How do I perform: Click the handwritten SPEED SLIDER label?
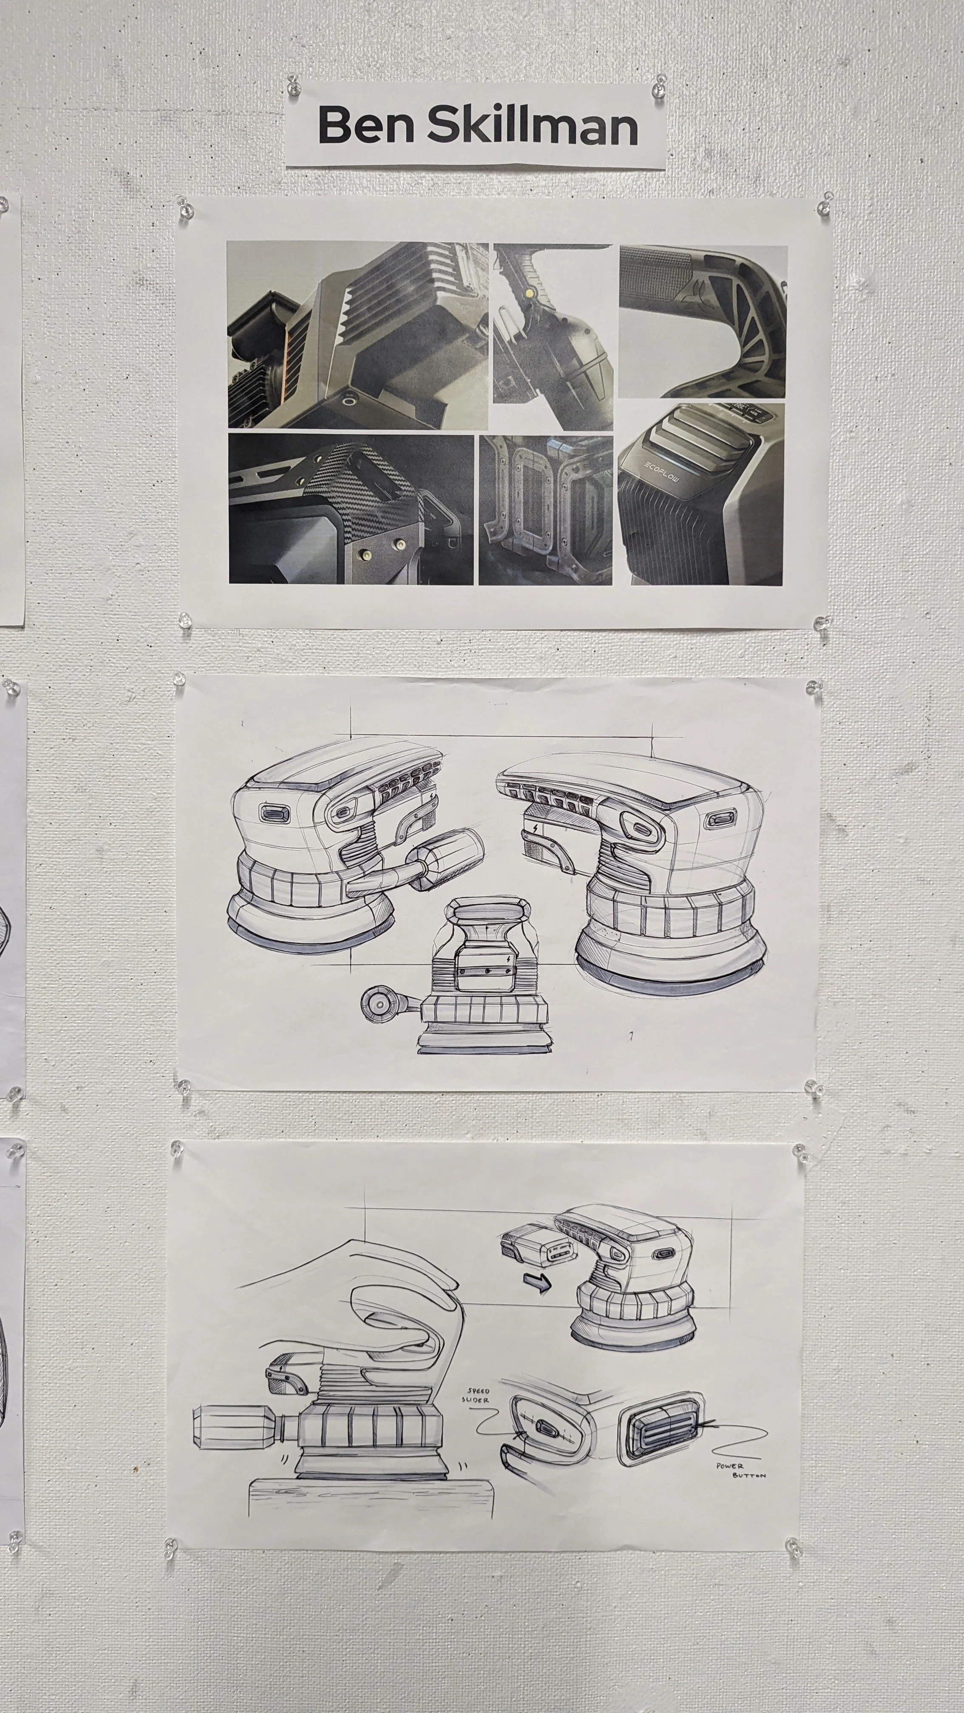coord(477,1395)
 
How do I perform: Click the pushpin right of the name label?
coord(659,86)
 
